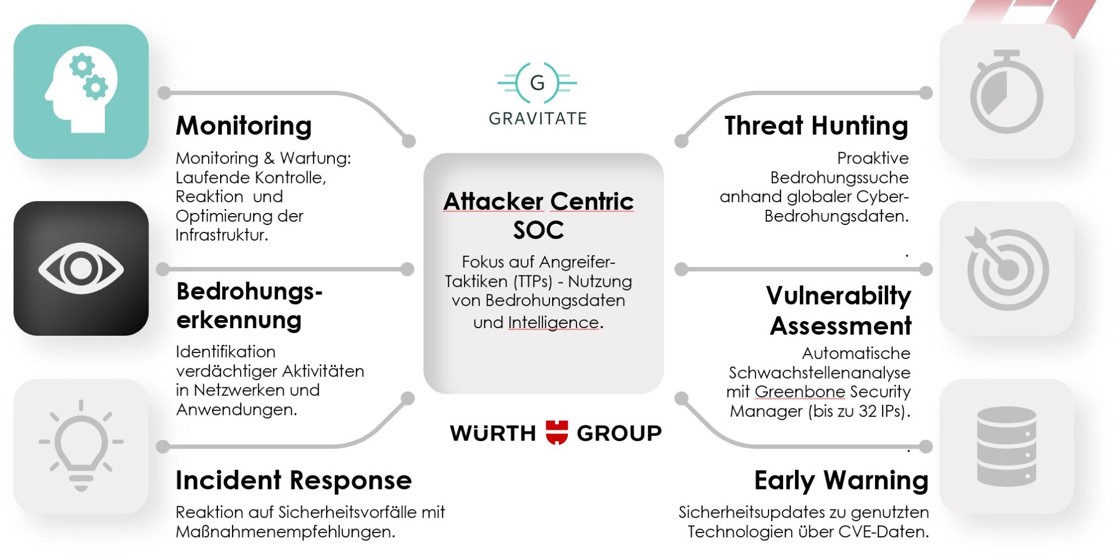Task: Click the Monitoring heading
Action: (243, 126)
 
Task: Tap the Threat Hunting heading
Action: (816, 126)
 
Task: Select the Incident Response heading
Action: (293, 480)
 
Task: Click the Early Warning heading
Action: (841, 481)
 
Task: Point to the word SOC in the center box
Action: (538, 230)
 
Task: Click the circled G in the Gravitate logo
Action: (537, 83)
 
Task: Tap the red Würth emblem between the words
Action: (556, 432)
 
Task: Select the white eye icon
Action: (81, 268)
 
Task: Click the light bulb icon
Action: (81, 445)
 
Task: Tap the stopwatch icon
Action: (1006, 92)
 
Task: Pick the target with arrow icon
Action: (1006, 268)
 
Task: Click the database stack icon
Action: (1006, 446)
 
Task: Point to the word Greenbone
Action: (799, 392)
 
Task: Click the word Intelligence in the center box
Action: (553, 323)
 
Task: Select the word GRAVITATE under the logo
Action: (537, 118)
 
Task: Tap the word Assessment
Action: (840, 326)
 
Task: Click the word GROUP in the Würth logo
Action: (619, 434)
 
